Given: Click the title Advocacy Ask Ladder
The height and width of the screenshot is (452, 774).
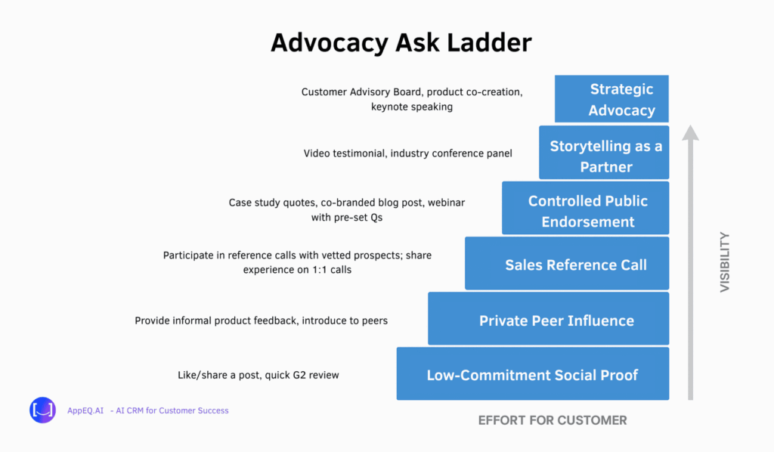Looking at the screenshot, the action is click(x=401, y=43).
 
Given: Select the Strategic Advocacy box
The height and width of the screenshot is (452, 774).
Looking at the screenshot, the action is click(x=611, y=99).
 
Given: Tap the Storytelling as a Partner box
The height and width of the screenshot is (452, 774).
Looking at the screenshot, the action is click(x=604, y=153).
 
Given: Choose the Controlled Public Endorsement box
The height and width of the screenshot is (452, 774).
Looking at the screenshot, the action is click(x=586, y=208).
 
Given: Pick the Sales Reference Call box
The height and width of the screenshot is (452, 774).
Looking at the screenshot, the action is click(x=567, y=264).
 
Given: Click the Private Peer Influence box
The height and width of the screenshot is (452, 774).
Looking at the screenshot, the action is click(x=549, y=319).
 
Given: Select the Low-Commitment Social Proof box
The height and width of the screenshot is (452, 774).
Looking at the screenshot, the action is click(x=533, y=373).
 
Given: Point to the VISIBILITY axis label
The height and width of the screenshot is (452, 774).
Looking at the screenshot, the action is click(x=725, y=262).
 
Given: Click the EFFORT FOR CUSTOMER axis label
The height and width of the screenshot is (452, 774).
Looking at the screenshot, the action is click(x=553, y=420).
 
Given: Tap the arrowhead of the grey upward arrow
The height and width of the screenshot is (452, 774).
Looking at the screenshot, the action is click(x=691, y=132).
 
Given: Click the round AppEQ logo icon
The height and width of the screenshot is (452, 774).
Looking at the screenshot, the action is click(x=42, y=410).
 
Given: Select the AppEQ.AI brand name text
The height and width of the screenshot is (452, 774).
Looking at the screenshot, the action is click(x=85, y=410).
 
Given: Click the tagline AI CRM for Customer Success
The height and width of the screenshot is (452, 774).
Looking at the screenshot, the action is click(x=169, y=410).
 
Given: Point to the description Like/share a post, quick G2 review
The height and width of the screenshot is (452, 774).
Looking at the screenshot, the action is click(x=259, y=375).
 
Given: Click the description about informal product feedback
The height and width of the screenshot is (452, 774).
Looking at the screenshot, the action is click(x=261, y=320).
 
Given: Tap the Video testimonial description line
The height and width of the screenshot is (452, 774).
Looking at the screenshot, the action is click(x=407, y=153).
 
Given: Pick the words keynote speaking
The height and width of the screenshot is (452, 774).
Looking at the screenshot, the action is click(x=412, y=107).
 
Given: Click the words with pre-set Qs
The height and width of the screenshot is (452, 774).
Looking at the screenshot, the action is click(x=346, y=218).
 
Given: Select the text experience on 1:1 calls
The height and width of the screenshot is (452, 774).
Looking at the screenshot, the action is click(x=297, y=270).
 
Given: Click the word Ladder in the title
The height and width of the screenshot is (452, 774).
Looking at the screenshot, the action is click(x=490, y=43).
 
